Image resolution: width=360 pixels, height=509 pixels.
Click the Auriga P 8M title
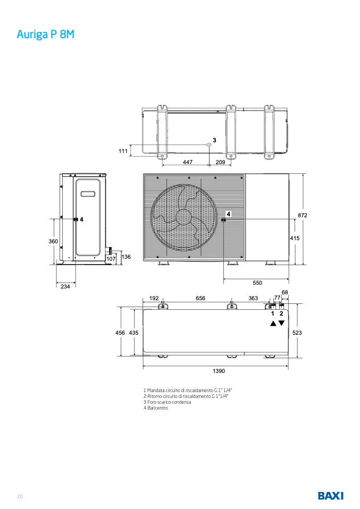point(46,35)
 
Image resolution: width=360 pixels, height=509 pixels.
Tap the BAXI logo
point(330,496)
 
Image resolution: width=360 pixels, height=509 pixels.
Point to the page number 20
point(20,496)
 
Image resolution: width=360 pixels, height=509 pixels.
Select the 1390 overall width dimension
point(219,371)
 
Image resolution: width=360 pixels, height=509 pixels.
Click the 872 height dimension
point(303,215)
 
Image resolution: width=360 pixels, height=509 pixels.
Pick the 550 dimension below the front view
point(257,283)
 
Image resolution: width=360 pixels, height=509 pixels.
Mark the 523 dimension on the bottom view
point(297,333)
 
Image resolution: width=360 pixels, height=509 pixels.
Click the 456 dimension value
point(120,333)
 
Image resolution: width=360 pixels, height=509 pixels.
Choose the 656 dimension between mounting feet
point(200,298)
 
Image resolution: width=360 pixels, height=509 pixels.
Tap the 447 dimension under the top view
point(188,162)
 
